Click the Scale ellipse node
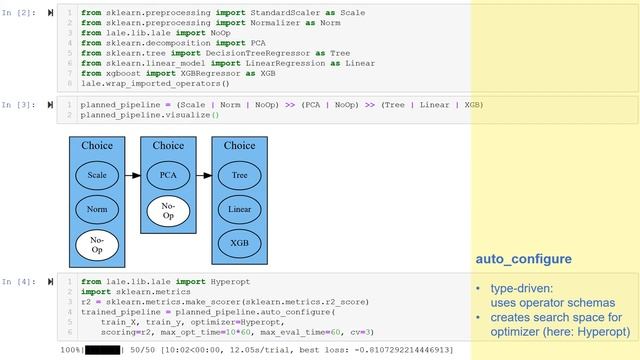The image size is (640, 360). (x=97, y=175)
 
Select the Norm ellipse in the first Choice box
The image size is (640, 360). (x=97, y=209)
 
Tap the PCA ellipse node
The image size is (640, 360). (x=168, y=175)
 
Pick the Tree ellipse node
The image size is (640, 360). (x=239, y=175)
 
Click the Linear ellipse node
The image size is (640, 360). (x=239, y=209)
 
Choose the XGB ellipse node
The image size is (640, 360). (x=239, y=243)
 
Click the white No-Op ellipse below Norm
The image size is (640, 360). (x=97, y=244)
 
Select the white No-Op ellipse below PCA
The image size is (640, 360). (x=168, y=211)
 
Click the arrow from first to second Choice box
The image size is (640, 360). (x=132, y=175)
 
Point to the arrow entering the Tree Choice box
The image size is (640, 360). (x=204, y=175)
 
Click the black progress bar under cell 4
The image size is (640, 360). (x=102, y=350)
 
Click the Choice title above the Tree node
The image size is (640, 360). (x=239, y=146)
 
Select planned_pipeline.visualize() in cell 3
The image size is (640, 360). (x=149, y=115)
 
